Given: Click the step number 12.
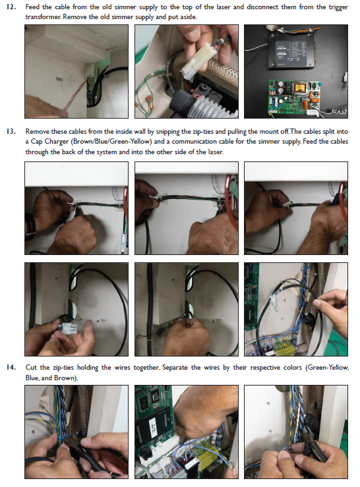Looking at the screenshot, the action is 11,7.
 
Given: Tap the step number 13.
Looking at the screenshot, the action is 11,131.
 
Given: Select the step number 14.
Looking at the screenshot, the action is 11,368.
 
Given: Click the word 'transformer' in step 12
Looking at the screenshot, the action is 43,16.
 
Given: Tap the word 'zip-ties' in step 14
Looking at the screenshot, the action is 63,368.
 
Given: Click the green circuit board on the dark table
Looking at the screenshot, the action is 295,97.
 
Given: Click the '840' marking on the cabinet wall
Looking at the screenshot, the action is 59,80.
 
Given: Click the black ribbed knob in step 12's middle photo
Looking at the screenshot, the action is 183,102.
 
